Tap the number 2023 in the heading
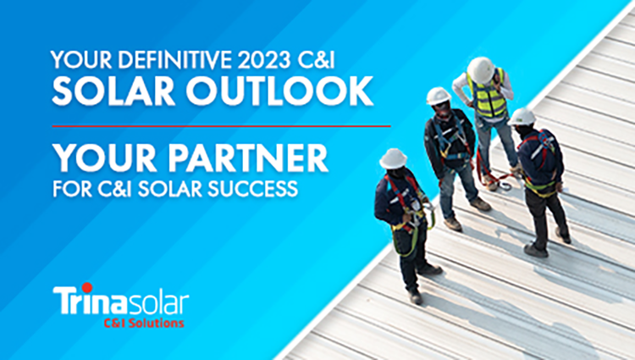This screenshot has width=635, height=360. click(x=264, y=60)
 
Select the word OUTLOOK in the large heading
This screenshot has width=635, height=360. click(x=279, y=91)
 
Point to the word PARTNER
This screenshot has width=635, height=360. click(x=248, y=158)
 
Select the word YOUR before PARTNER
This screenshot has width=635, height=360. click(x=105, y=158)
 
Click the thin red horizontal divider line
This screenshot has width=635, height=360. click(x=221, y=126)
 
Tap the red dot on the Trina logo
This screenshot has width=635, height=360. click(x=86, y=287)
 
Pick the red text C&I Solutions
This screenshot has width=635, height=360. click(x=144, y=323)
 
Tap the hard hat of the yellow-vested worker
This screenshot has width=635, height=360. click(x=481, y=69)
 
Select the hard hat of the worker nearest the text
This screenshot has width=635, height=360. click(x=393, y=158)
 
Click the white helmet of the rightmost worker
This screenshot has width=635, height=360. click(x=522, y=117)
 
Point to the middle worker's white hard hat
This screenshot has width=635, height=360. click(x=439, y=96)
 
